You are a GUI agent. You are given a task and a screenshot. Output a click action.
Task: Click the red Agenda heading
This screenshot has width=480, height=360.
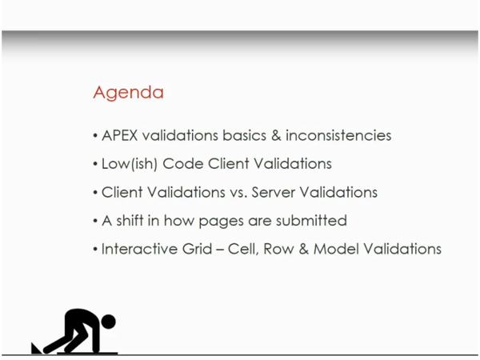[129, 93]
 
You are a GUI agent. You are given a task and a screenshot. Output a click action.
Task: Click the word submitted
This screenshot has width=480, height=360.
[310, 220]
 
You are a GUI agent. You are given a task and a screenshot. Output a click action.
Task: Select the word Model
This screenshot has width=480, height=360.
[337, 249]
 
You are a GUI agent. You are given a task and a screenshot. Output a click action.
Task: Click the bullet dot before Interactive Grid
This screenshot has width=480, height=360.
[95, 250]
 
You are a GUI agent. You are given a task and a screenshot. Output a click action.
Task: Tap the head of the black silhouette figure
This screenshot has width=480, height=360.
[108, 322]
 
